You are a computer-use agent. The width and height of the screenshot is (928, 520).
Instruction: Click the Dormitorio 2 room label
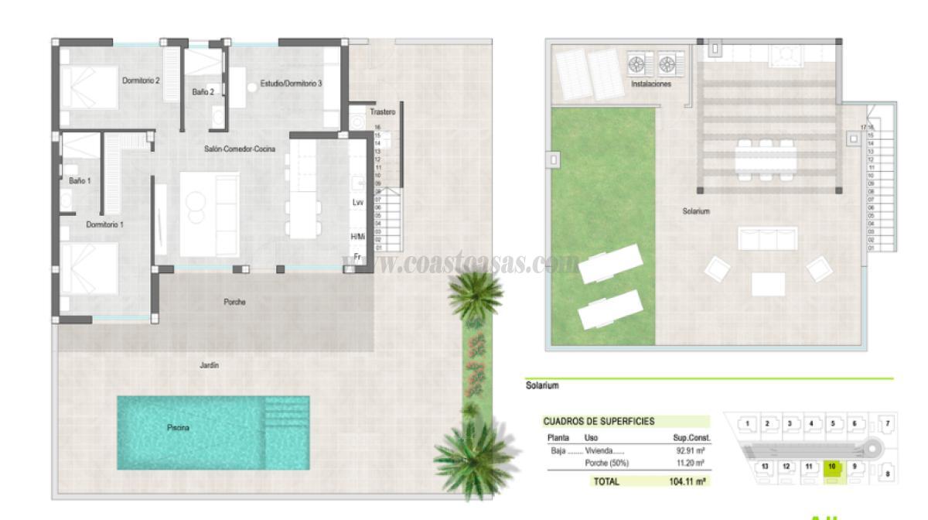coord(141,80)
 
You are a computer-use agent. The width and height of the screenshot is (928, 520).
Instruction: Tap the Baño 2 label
coord(203,92)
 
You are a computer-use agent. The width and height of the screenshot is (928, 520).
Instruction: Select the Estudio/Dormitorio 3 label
coord(291,84)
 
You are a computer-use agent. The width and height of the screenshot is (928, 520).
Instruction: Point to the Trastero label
coord(382,112)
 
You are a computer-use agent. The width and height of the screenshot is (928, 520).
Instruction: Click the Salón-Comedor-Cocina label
coord(239,149)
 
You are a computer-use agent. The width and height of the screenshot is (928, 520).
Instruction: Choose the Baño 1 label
coord(80,181)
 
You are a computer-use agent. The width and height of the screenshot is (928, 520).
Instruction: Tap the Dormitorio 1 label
coord(105,224)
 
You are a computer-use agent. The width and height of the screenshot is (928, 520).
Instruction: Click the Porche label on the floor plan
coord(234,303)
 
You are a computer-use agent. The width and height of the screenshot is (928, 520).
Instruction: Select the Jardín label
coord(209,365)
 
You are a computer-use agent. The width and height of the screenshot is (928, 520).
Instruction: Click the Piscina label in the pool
coord(178,428)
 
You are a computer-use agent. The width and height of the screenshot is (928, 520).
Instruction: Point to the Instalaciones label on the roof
coord(651,84)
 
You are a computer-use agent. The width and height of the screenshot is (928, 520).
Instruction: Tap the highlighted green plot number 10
coord(832,467)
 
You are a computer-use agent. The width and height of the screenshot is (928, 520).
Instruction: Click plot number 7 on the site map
coord(887,424)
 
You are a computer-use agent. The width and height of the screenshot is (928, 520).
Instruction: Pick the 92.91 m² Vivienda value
coord(688,450)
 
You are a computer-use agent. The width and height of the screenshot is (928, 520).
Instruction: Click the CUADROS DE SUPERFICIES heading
coord(599,422)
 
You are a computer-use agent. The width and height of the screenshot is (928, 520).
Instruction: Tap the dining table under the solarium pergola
coord(764,159)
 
